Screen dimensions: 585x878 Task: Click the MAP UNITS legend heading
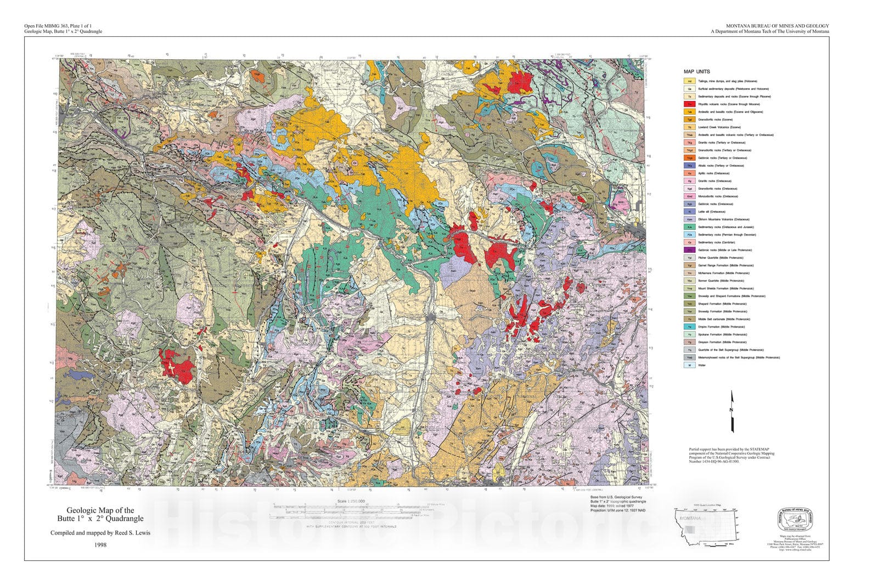pos(696,72)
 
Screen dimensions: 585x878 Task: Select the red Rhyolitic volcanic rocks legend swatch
pos(689,104)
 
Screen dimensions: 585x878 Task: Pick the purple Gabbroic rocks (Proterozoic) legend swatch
pos(689,250)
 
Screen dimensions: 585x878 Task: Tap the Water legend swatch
pos(689,365)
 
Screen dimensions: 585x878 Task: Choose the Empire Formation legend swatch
pos(689,327)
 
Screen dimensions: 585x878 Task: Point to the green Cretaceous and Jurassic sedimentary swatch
pos(689,227)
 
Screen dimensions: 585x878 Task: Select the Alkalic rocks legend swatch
pos(689,166)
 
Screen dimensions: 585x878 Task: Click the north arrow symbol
pos(732,412)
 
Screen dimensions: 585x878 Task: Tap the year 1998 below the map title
pos(100,545)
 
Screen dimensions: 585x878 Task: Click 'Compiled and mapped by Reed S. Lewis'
pos(100,533)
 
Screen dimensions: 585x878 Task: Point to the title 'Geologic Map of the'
pos(100,510)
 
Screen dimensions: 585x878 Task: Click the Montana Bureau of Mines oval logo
pos(795,517)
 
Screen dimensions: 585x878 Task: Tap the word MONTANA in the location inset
pos(689,518)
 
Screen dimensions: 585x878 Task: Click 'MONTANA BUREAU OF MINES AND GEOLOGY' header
pos(777,26)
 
